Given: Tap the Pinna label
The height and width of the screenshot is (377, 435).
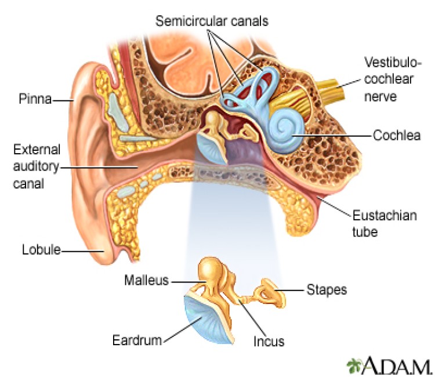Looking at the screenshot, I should tap(32, 100).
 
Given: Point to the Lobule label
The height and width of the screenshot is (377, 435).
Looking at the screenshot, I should tap(41, 251).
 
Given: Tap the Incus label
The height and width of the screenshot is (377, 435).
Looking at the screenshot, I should tap(269, 341).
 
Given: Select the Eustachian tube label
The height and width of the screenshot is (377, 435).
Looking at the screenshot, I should tap(380, 224).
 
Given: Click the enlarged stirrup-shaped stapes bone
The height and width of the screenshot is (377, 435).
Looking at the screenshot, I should tap(269, 289).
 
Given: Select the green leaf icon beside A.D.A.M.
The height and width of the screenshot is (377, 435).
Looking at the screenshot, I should tap(354, 365).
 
